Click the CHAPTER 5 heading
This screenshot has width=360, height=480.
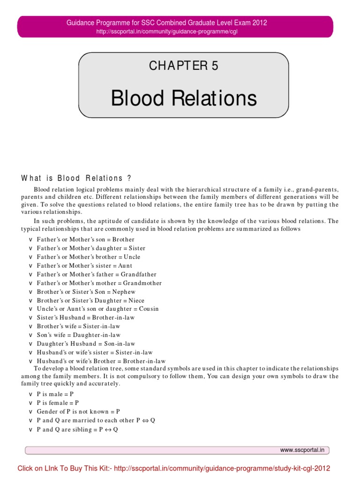[x=184, y=66]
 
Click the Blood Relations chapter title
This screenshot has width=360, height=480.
[x=184, y=98]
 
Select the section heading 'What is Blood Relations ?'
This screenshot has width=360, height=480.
[x=76, y=178]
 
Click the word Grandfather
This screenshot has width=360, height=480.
[x=139, y=274]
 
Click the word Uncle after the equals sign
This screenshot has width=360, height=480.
[x=132, y=257]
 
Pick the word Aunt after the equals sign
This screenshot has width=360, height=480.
[x=126, y=266]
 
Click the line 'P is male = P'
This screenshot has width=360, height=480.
[x=55, y=395]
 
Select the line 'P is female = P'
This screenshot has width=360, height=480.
[x=58, y=403]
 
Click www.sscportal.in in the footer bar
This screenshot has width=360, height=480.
[x=302, y=450]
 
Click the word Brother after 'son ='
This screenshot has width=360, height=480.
[x=124, y=240]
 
